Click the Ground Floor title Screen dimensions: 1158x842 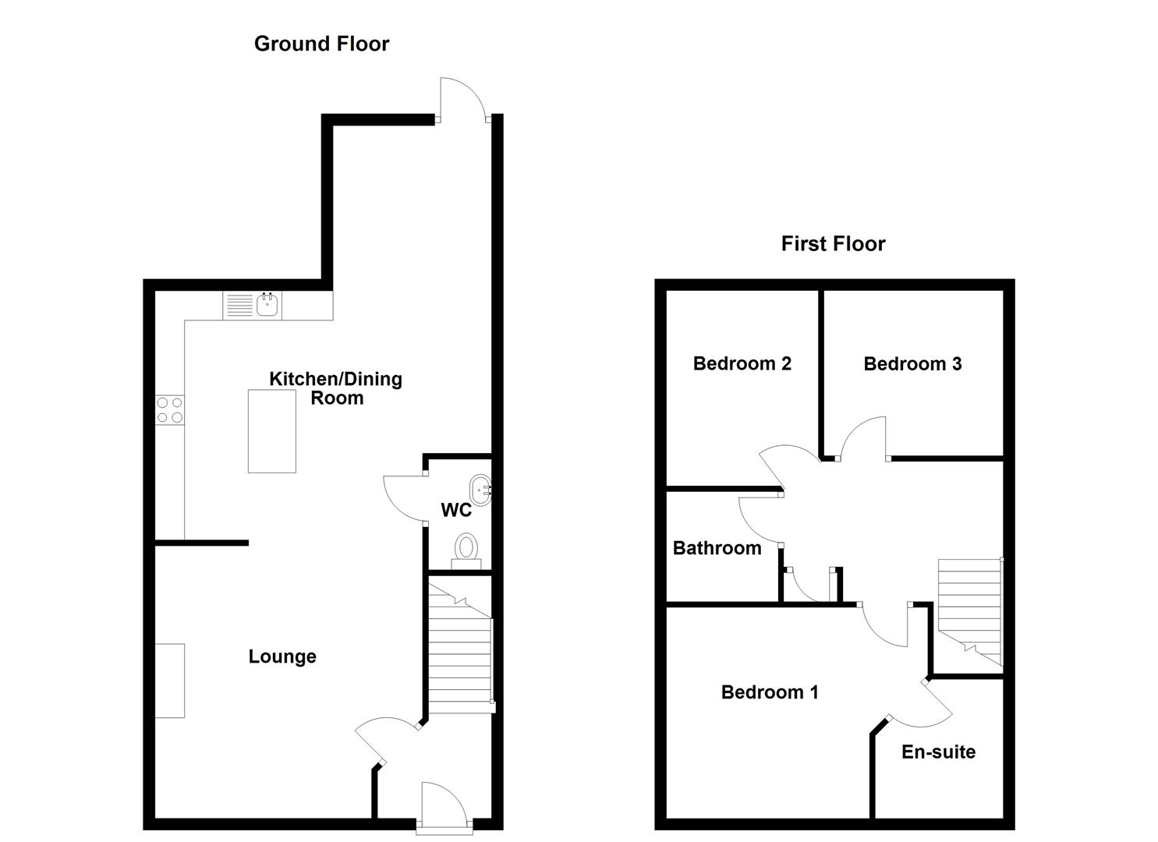[321, 44]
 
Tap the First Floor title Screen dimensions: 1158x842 [833, 244]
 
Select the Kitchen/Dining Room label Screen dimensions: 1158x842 [336, 388]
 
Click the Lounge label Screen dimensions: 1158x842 [282, 656]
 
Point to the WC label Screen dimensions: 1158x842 [456, 510]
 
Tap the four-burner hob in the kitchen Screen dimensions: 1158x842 [169, 410]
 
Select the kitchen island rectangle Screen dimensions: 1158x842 [272, 431]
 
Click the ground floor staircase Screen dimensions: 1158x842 [460, 648]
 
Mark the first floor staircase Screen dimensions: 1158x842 [970, 612]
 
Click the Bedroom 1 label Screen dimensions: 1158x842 [770, 692]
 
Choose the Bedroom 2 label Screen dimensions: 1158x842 [742, 363]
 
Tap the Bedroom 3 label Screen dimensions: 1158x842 [912, 364]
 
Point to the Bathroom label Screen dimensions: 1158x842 [717, 548]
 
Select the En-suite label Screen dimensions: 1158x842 [938, 752]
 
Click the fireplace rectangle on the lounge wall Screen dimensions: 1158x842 [170, 681]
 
